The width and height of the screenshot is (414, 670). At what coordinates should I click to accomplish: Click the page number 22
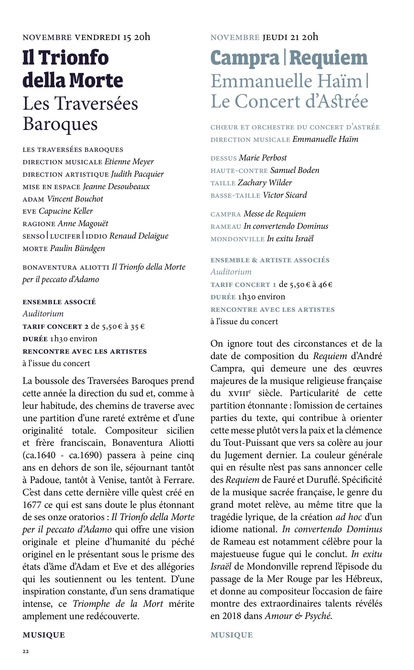[25, 652]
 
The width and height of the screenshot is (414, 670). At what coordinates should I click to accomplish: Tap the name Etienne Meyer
[129, 162]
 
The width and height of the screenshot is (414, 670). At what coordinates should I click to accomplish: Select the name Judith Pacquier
[137, 174]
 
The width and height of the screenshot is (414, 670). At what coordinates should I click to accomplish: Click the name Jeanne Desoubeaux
[116, 186]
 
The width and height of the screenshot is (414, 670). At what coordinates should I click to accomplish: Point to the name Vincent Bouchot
[75, 199]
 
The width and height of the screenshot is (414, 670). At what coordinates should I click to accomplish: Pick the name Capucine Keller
[66, 211]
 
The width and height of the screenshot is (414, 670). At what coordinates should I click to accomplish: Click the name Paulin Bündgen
[77, 249]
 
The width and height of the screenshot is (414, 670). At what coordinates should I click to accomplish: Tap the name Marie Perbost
[263, 158]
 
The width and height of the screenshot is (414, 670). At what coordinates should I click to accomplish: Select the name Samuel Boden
[295, 170]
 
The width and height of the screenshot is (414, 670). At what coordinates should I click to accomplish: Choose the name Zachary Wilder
[265, 183]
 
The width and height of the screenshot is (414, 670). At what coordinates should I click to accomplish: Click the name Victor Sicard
[285, 195]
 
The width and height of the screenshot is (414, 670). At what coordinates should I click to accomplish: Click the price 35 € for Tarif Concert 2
[138, 326]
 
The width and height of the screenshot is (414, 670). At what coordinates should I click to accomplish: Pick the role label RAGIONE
[39, 224]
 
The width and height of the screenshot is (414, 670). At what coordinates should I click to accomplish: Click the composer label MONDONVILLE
[237, 239]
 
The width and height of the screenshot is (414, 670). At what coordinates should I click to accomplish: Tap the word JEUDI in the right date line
[275, 37]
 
